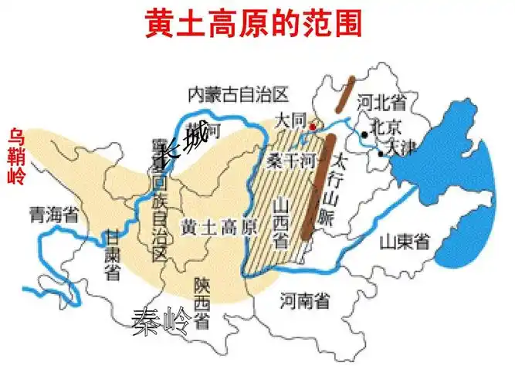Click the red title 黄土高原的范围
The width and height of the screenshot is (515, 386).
252,23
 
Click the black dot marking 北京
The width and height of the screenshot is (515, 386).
364,134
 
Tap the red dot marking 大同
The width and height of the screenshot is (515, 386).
312,126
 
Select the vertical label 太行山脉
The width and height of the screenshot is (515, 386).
338,189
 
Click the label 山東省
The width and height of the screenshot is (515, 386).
405,242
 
